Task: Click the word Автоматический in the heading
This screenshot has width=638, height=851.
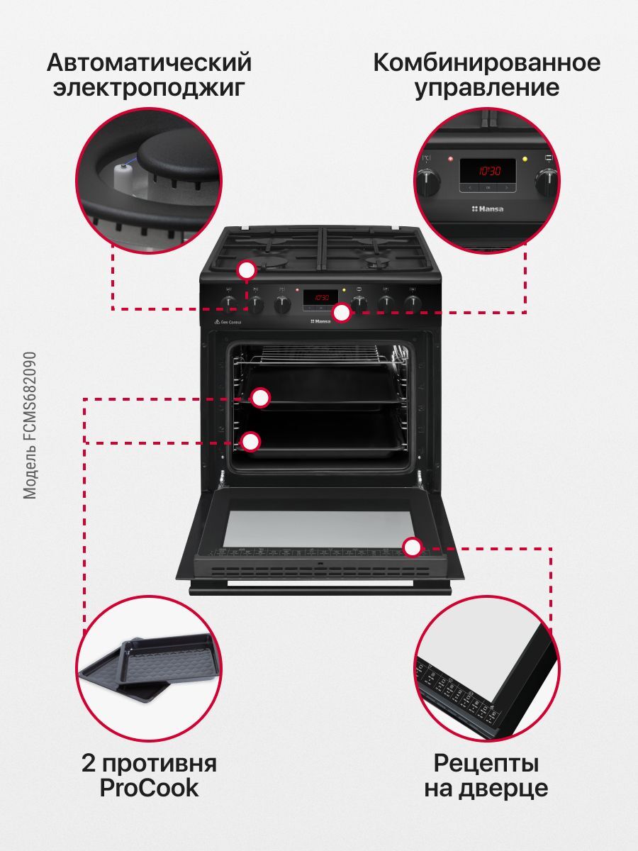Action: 150,63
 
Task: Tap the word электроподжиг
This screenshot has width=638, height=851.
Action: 150,89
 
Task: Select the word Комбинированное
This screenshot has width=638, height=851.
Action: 486,63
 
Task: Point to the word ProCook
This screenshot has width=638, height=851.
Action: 150,789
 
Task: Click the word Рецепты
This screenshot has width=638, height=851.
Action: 486,764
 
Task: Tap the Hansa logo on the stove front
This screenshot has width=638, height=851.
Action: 322,321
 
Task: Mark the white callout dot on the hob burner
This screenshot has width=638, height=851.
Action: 247,270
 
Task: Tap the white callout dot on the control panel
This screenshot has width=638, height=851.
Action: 342,313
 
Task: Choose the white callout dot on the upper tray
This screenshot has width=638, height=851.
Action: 261,398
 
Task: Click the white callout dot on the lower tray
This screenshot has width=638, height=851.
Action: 250,441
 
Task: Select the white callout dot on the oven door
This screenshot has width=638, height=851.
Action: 412,547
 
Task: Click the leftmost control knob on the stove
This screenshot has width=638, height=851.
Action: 228,304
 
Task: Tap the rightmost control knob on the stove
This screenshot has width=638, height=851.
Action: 413,304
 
